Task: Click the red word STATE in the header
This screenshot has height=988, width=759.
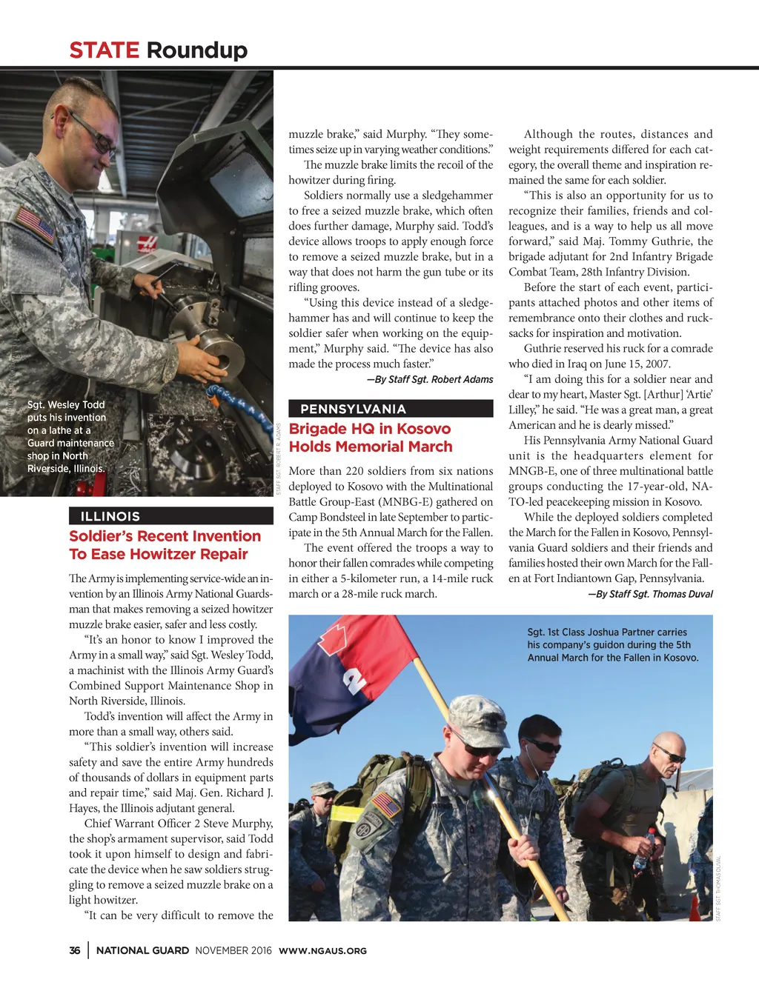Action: click(104, 50)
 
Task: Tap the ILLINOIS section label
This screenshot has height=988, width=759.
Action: click(110, 516)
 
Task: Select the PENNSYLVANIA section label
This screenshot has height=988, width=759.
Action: click(353, 409)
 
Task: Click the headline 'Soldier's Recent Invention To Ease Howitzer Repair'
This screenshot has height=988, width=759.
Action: click(165, 545)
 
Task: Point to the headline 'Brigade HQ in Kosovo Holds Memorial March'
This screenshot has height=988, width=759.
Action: click(370, 438)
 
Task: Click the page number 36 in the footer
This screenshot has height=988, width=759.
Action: click(75, 950)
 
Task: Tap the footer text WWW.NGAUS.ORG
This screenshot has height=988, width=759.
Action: click(322, 951)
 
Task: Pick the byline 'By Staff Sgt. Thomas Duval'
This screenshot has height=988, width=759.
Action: click(650, 594)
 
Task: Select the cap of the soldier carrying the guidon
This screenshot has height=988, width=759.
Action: click(475, 715)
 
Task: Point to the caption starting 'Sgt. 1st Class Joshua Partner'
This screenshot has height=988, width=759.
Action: click(612, 644)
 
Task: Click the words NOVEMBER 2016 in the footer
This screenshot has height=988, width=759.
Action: click(233, 950)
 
